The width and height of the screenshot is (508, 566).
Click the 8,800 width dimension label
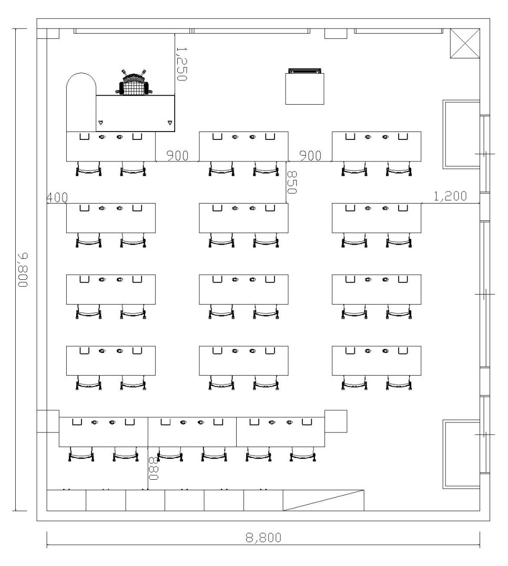(x=263, y=538)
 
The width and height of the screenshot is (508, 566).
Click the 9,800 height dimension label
(x=23, y=270)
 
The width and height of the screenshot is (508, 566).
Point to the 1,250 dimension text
(x=181, y=64)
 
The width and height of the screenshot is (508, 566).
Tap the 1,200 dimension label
(x=450, y=196)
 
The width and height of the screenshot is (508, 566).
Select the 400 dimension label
(x=57, y=197)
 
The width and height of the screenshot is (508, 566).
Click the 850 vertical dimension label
(x=291, y=182)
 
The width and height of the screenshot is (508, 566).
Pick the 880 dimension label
(x=154, y=469)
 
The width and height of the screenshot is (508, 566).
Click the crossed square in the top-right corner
(x=465, y=43)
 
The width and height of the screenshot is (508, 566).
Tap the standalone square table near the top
(x=304, y=89)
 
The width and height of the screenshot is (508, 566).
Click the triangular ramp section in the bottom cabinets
(x=323, y=500)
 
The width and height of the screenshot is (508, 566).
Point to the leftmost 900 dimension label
(x=177, y=156)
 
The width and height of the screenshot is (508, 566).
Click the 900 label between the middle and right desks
(x=310, y=156)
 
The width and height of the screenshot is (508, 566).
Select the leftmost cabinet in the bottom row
(x=66, y=500)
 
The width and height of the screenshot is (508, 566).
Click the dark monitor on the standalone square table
(x=304, y=70)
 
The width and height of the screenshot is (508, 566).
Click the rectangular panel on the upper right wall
(x=461, y=134)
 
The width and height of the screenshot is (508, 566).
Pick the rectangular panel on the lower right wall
(x=461, y=454)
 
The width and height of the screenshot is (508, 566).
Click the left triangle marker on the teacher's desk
(x=100, y=123)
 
